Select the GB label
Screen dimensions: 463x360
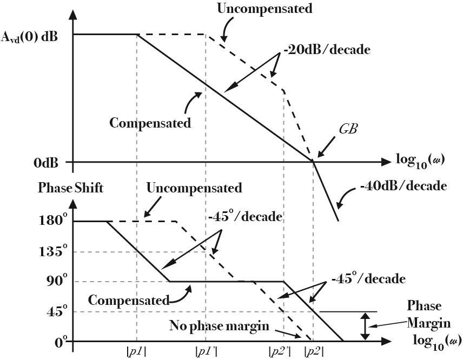tap(348, 130)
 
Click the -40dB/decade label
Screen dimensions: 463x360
tap(403, 186)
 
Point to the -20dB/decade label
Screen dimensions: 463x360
tap(327, 50)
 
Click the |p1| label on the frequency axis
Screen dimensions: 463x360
tap(136, 351)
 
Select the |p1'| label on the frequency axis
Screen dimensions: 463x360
tap(206, 351)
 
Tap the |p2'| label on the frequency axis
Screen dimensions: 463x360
tap(280, 351)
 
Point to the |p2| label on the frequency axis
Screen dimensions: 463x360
tap(314, 351)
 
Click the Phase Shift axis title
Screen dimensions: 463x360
tap(71, 189)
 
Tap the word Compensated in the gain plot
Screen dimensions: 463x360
tap(150, 123)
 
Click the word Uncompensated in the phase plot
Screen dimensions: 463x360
tap(194, 188)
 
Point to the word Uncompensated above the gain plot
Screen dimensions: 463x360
tap(264, 8)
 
